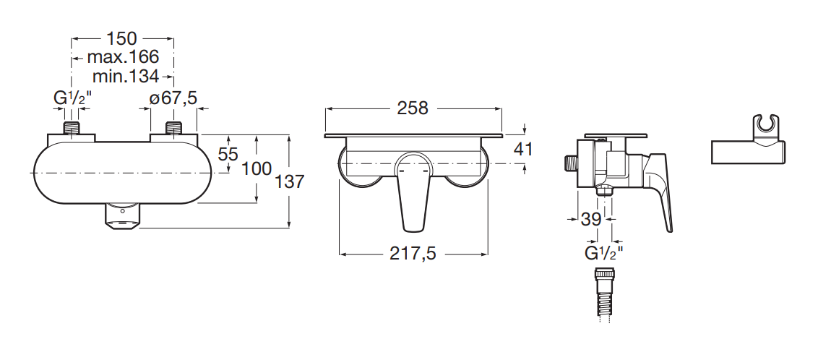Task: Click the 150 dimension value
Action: click(x=122, y=39)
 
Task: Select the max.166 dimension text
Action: click(x=123, y=56)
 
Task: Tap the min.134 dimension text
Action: click(x=126, y=76)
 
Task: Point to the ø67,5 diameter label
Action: click(x=173, y=98)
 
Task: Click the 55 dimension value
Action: click(x=228, y=154)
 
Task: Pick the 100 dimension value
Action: click(x=257, y=168)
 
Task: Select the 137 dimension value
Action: click(x=290, y=182)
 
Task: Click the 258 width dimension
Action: click(x=413, y=108)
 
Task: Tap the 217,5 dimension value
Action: click(x=413, y=254)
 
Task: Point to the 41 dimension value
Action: click(x=524, y=150)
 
